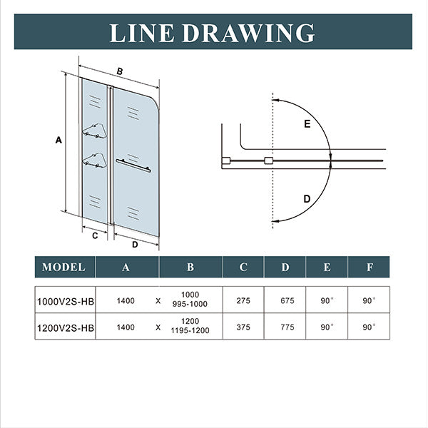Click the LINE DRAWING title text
[x=213, y=33]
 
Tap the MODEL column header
[x=64, y=267]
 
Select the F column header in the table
[x=369, y=267]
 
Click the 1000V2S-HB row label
[x=65, y=301]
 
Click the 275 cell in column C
[x=243, y=301]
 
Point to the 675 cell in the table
[x=285, y=301]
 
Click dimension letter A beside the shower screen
[x=58, y=141]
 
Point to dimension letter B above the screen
[x=120, y=71]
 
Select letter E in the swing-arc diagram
[x=307, y=125]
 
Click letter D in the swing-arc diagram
[x=307, y=199]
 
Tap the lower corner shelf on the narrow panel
[x=93, y=159]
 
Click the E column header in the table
[x=327, y=267]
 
